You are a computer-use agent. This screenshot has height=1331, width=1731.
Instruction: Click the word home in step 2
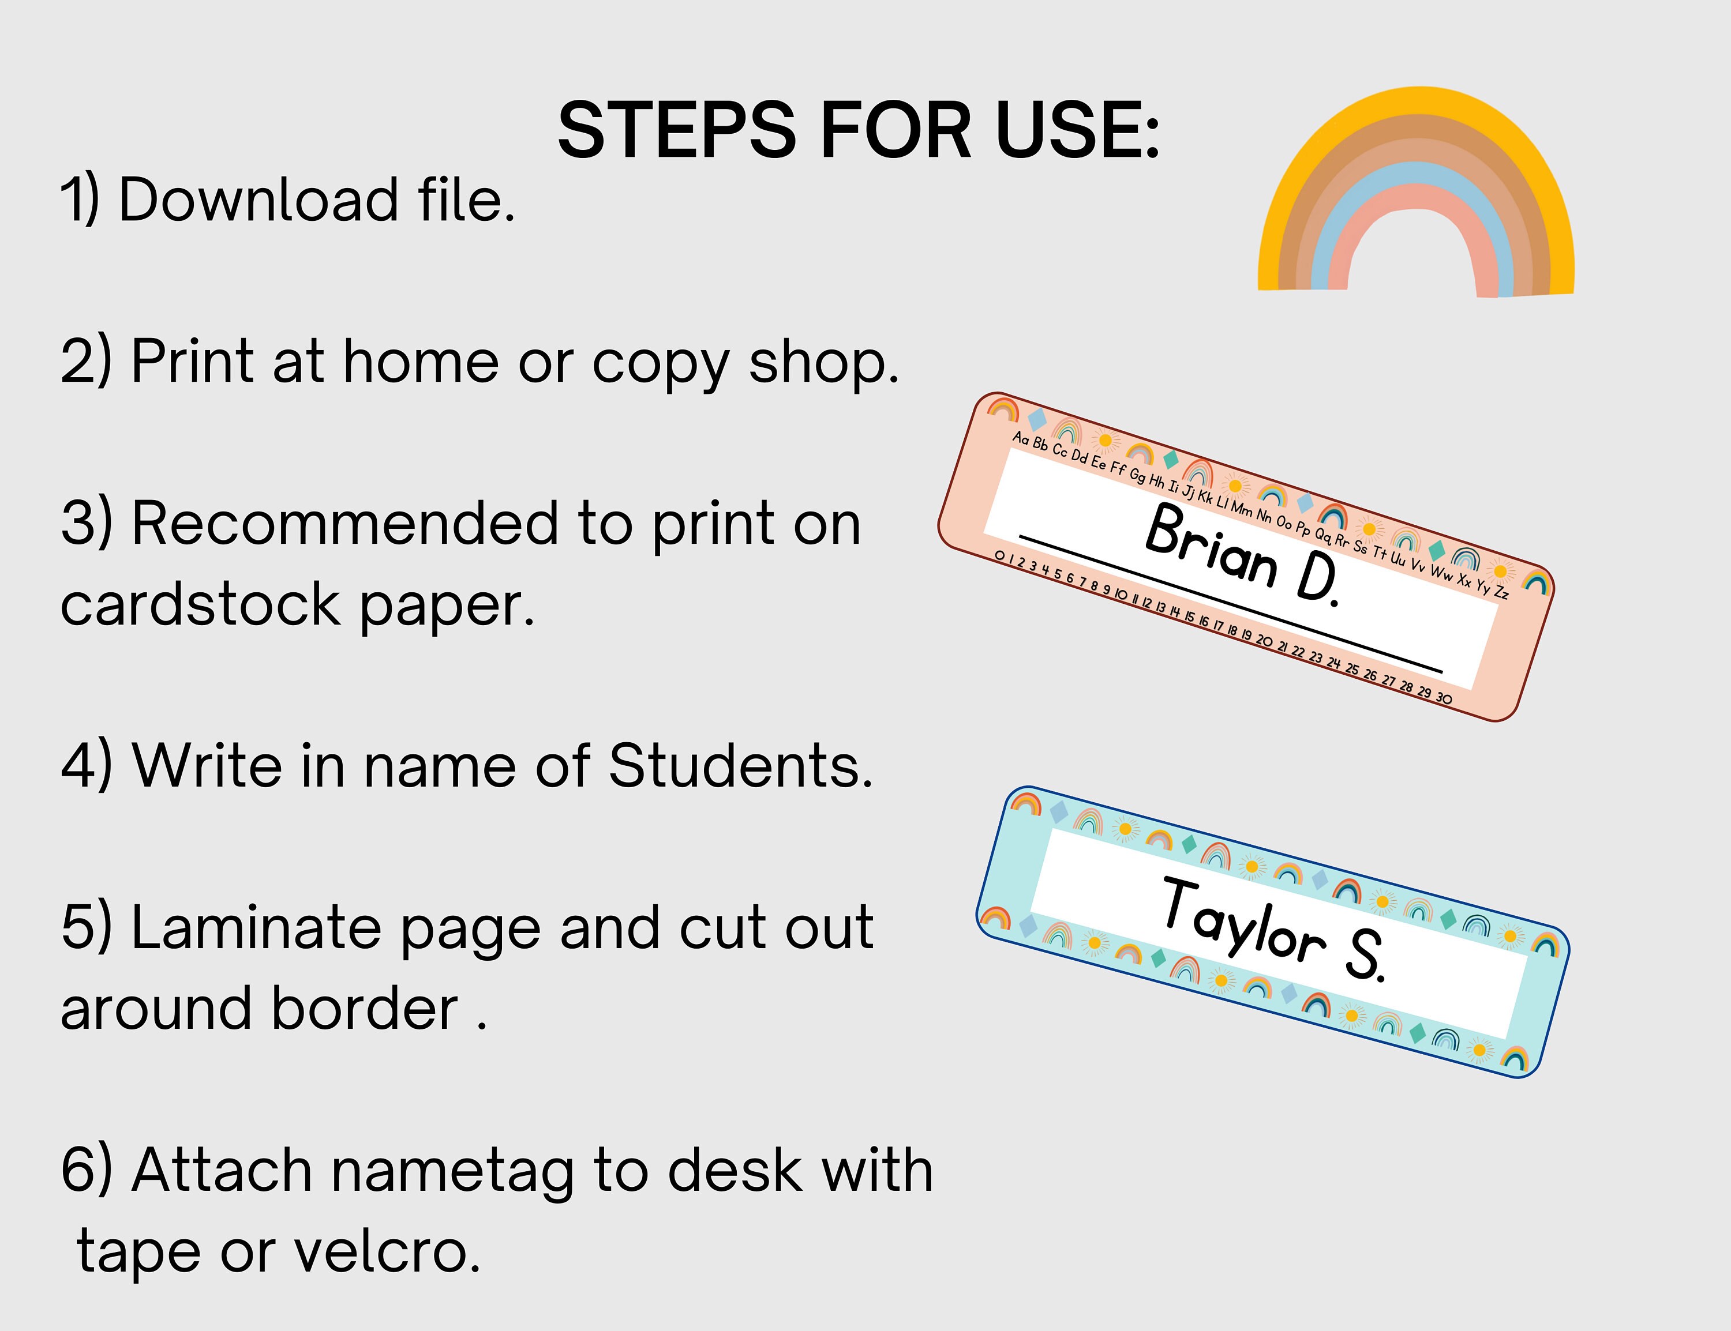coord(420,362)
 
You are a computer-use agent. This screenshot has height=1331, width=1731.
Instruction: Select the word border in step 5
coord(365,1009)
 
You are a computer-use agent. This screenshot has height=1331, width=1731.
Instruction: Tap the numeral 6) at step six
coord(85,1170)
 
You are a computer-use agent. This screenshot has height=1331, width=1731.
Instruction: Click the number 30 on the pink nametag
coord(1444,698)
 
